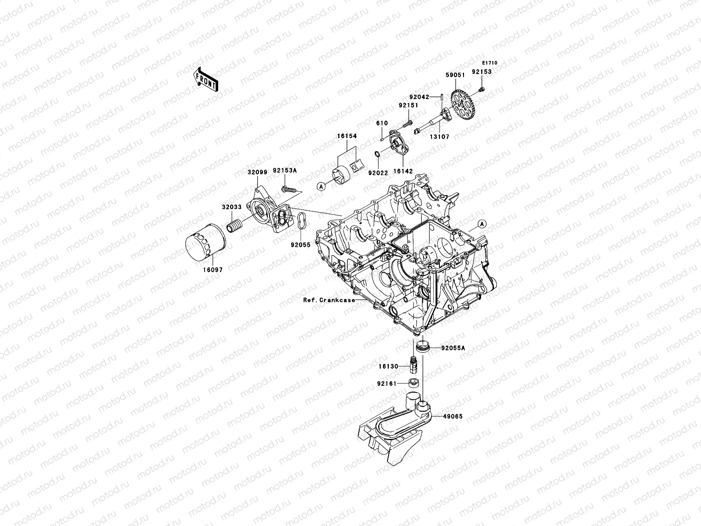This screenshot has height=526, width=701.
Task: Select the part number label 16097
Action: (x=212, y=270)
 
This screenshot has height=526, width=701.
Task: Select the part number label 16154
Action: (x=347, y=136)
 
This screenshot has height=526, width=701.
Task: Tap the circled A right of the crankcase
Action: (x=482, y=224)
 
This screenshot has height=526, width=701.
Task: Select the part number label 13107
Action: (x=439, y=137)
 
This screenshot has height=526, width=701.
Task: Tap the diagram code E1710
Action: (x=491, y=63)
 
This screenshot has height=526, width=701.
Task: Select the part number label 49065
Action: (x=452, y=416)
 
